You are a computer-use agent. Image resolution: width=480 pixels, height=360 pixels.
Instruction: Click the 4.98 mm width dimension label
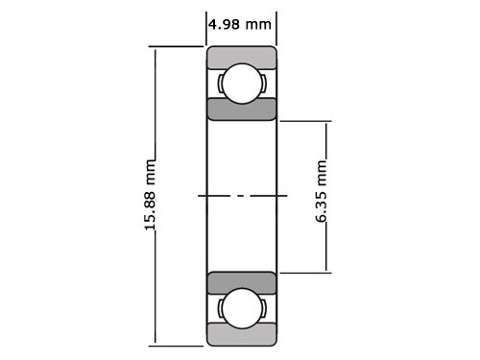click(240, 24)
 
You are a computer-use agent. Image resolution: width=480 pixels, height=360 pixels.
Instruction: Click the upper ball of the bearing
click(242, 83)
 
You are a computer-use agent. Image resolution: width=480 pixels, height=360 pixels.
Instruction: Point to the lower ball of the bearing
click(242, 309)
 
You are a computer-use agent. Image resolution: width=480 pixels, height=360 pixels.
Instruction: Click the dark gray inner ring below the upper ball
click(242, 108)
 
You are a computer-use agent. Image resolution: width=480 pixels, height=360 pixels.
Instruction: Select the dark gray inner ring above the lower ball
click(242, 283)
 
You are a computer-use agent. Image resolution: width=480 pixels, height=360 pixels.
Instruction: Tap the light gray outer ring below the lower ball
click(242, 336)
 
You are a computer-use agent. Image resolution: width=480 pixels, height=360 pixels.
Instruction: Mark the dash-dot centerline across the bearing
click(242, 196)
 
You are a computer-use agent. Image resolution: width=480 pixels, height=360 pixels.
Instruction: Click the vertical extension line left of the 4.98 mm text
click(207, 29)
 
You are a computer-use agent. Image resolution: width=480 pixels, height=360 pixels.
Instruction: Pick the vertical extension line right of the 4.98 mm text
click(276, 29)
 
